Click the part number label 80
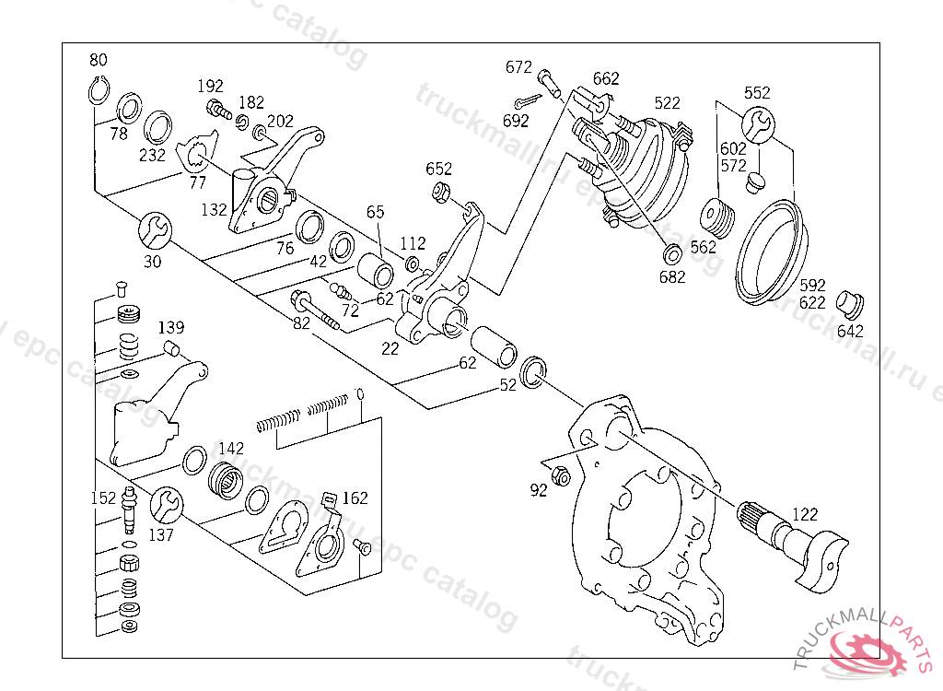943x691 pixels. click(x=99, y=61)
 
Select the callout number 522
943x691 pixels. click(x=668, y=102)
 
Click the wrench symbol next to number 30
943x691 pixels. click(x=153, y=228)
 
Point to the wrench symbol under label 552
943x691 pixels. click(x=758, y=125)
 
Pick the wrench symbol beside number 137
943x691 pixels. click(x=167, y=502)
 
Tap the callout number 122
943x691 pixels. click(x=804, y=514)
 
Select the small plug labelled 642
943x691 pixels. click(x=849, y=302)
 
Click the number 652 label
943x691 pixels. click(x=439, y=169)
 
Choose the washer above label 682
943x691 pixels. click(x=671, y=252)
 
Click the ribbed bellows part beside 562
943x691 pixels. click(x=717, y=218)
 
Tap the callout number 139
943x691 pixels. click(x=171, y=327)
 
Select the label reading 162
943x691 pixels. click(x=355, y=498)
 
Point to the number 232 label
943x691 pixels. click(x=152, y=156)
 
